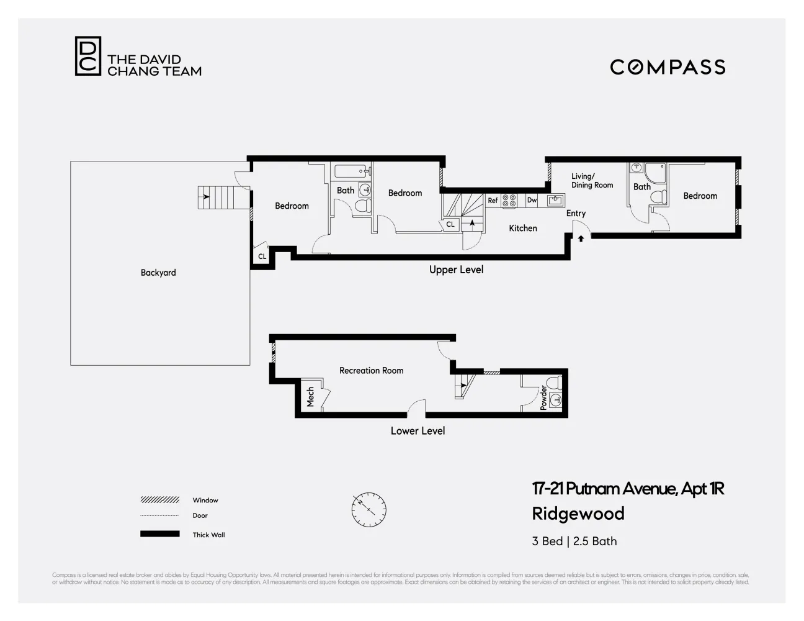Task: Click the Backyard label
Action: point(158,273)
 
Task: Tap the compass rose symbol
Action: point(368,510)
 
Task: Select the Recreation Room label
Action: point(371,371)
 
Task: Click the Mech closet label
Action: point(310,397)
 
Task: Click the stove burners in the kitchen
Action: point(509,201)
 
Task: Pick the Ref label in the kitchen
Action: point(493,201)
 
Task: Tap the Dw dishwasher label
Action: point(532,200)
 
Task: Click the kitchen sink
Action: point(555,200)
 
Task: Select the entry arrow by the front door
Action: point(581,238)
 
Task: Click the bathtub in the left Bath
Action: point(352,171)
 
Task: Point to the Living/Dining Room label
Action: point(592,181)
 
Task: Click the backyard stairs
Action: point(216,197)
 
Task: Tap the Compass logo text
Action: point(668,67)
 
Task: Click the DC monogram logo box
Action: point(87,56)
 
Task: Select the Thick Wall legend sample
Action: point(159,534)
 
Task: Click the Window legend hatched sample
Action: point(159,500)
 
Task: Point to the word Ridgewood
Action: point(578,514)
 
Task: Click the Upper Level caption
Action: point(456,270)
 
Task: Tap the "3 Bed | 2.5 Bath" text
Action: point(574,541)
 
